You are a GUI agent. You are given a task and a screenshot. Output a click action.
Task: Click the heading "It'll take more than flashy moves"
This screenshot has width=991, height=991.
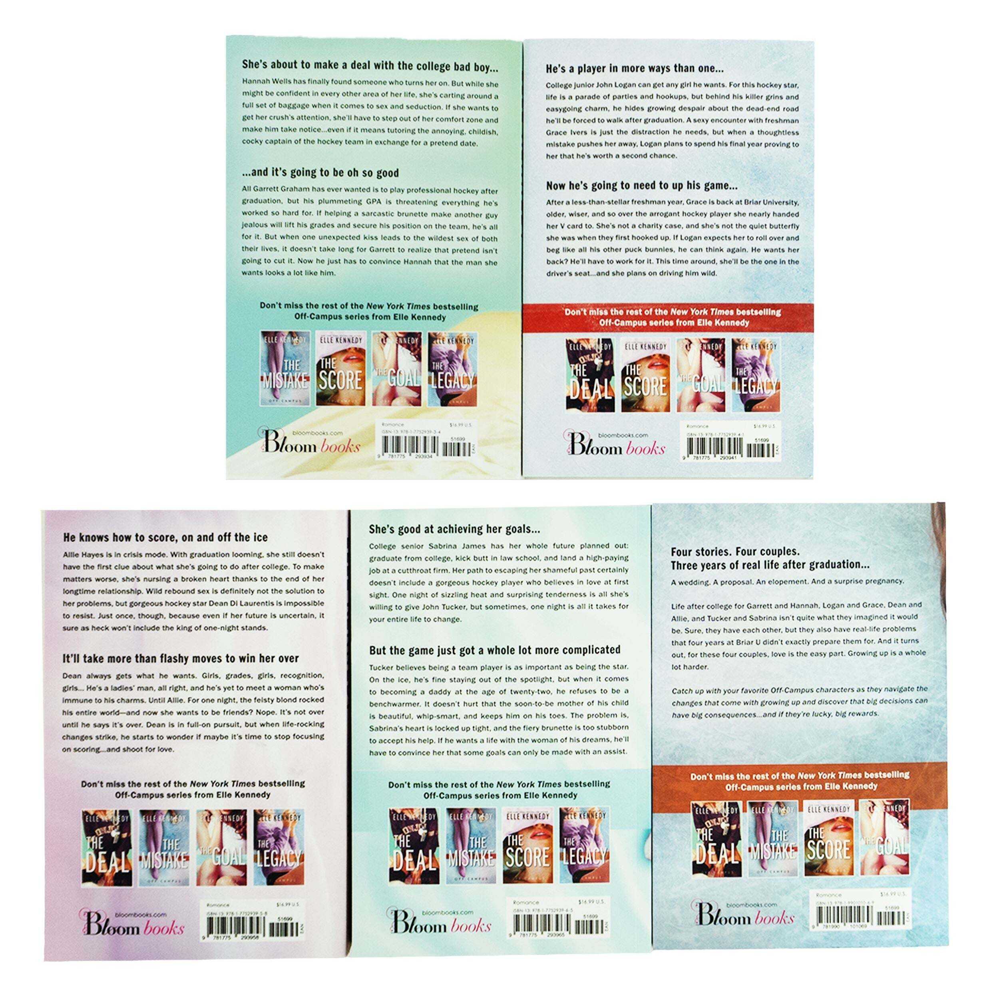(x=181, y=658)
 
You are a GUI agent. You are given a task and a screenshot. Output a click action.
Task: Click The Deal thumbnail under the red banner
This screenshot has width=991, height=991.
(x=589, y=376)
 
